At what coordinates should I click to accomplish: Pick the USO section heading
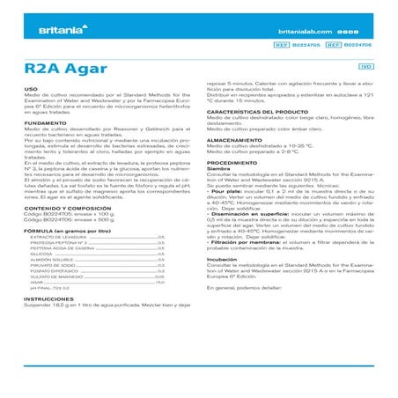point(31,88)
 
